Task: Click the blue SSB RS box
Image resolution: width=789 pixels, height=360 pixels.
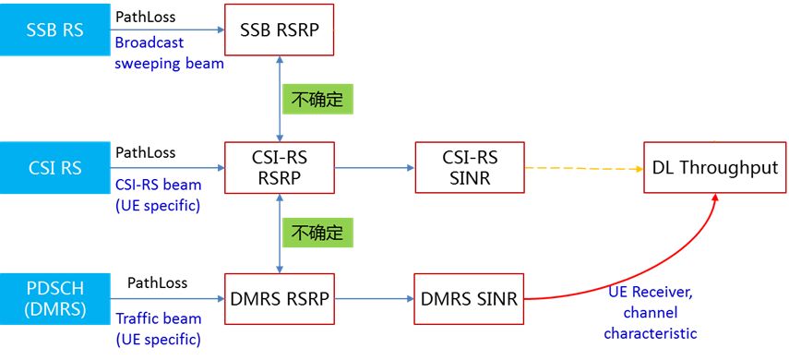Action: (54, 29)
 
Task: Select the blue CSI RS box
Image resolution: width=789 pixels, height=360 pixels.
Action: (54, 169)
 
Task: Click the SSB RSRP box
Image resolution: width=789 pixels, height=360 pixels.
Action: (280, 30)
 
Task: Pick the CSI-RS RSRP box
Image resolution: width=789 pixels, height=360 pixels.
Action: (280, 168)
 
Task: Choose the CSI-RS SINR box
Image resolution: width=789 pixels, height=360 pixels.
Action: (470, 168)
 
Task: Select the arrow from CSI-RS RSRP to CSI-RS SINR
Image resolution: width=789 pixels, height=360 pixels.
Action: (375, 169)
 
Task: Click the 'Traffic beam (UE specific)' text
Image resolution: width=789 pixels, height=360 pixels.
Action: (158, 329)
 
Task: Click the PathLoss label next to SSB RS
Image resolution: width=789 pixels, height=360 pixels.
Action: (146, 16)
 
